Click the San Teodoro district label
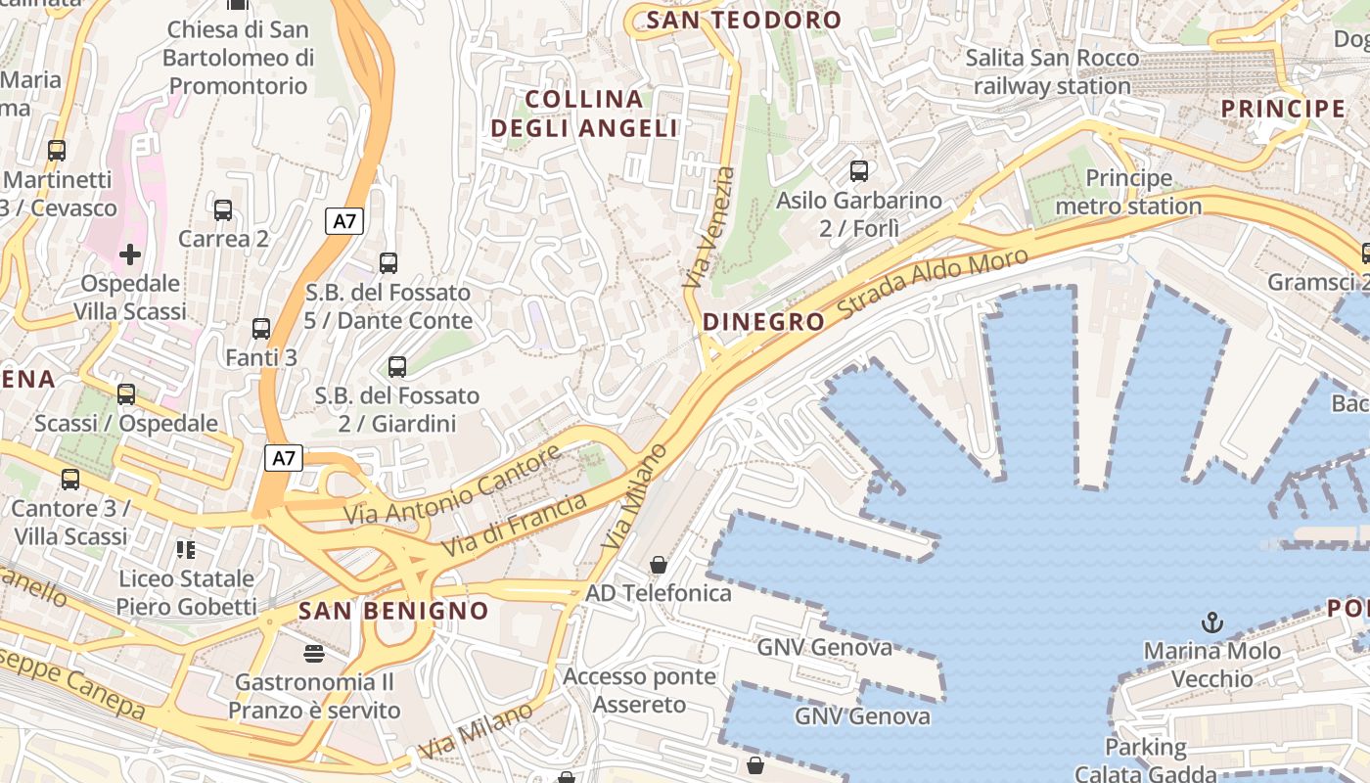click(x=744, y=20)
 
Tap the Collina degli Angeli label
click(x=584, y=114)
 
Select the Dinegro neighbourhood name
click(x=763, y=322)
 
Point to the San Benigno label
click(x=393, y=612)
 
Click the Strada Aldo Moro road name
click(x=934, y=287)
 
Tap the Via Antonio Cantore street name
click(x=452, y=485)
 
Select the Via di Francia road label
click(x=515, y=526)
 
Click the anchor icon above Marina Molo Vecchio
click(x=1212, y=622)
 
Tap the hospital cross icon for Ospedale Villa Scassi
click(x=129, y=255)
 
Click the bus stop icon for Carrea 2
click(x=223, y=210)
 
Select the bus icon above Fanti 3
click(x=261, y=329)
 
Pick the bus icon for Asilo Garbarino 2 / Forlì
click(x=859, y=171)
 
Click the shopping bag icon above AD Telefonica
click(x=659, y=565)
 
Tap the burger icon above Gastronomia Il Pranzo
click(x=314, y=653)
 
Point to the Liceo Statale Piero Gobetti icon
click(x=186, y=550)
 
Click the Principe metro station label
click(x=1128, y=192)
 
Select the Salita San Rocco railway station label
click(x=1052, y=71)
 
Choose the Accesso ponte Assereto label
click(x=639, y=690)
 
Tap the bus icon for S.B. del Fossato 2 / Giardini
click(x=397, y=367)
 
